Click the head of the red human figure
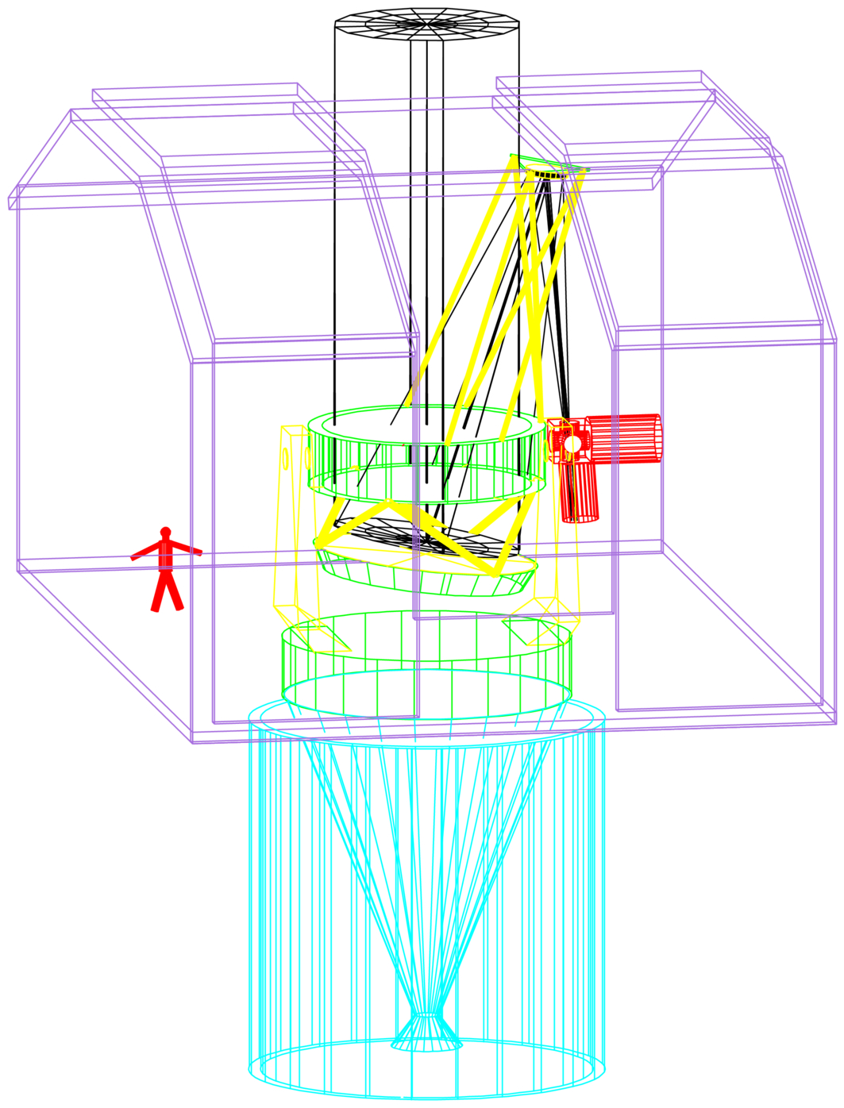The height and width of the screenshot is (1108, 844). click(x=165, y=532)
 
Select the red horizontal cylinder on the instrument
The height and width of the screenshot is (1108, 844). click(x=623, y=437)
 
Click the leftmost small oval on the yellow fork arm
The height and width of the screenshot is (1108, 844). click(x=285, y=458)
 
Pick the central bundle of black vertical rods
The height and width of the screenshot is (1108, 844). click(x=426, y=238)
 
